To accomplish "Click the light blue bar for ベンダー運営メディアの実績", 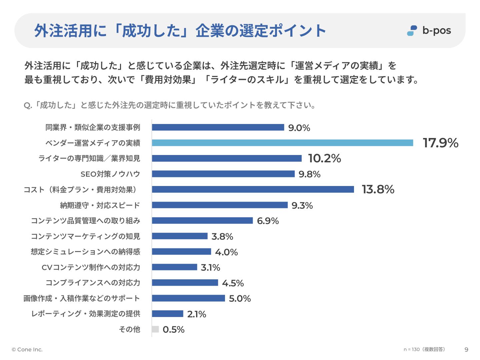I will click(282, 143).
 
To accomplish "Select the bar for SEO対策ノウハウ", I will click(223, 174).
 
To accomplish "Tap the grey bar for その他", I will click(155, 329).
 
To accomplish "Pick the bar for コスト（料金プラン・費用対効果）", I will click(253, 189).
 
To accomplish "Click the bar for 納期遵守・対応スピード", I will click(220, 205).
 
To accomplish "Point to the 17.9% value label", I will click(440, 143).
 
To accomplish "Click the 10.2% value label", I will click(324, 158).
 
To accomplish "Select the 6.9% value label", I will click(268, 221).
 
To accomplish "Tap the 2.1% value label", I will click(197, 314).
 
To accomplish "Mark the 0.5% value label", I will click(173, 330).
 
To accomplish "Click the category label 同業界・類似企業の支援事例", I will click(93, 127).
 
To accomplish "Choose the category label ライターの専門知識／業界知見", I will click(89, 158).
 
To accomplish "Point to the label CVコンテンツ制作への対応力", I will click(91, 267).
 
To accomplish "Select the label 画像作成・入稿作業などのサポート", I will click(81, 298).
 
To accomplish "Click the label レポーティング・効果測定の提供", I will click(85, 314).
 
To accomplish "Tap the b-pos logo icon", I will click(412, 31).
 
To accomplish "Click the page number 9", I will click(466, 350).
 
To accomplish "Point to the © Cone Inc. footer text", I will click(27, 350).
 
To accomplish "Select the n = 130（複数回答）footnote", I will click(424, 349).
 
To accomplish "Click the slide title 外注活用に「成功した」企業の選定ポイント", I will click(180, 31).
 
